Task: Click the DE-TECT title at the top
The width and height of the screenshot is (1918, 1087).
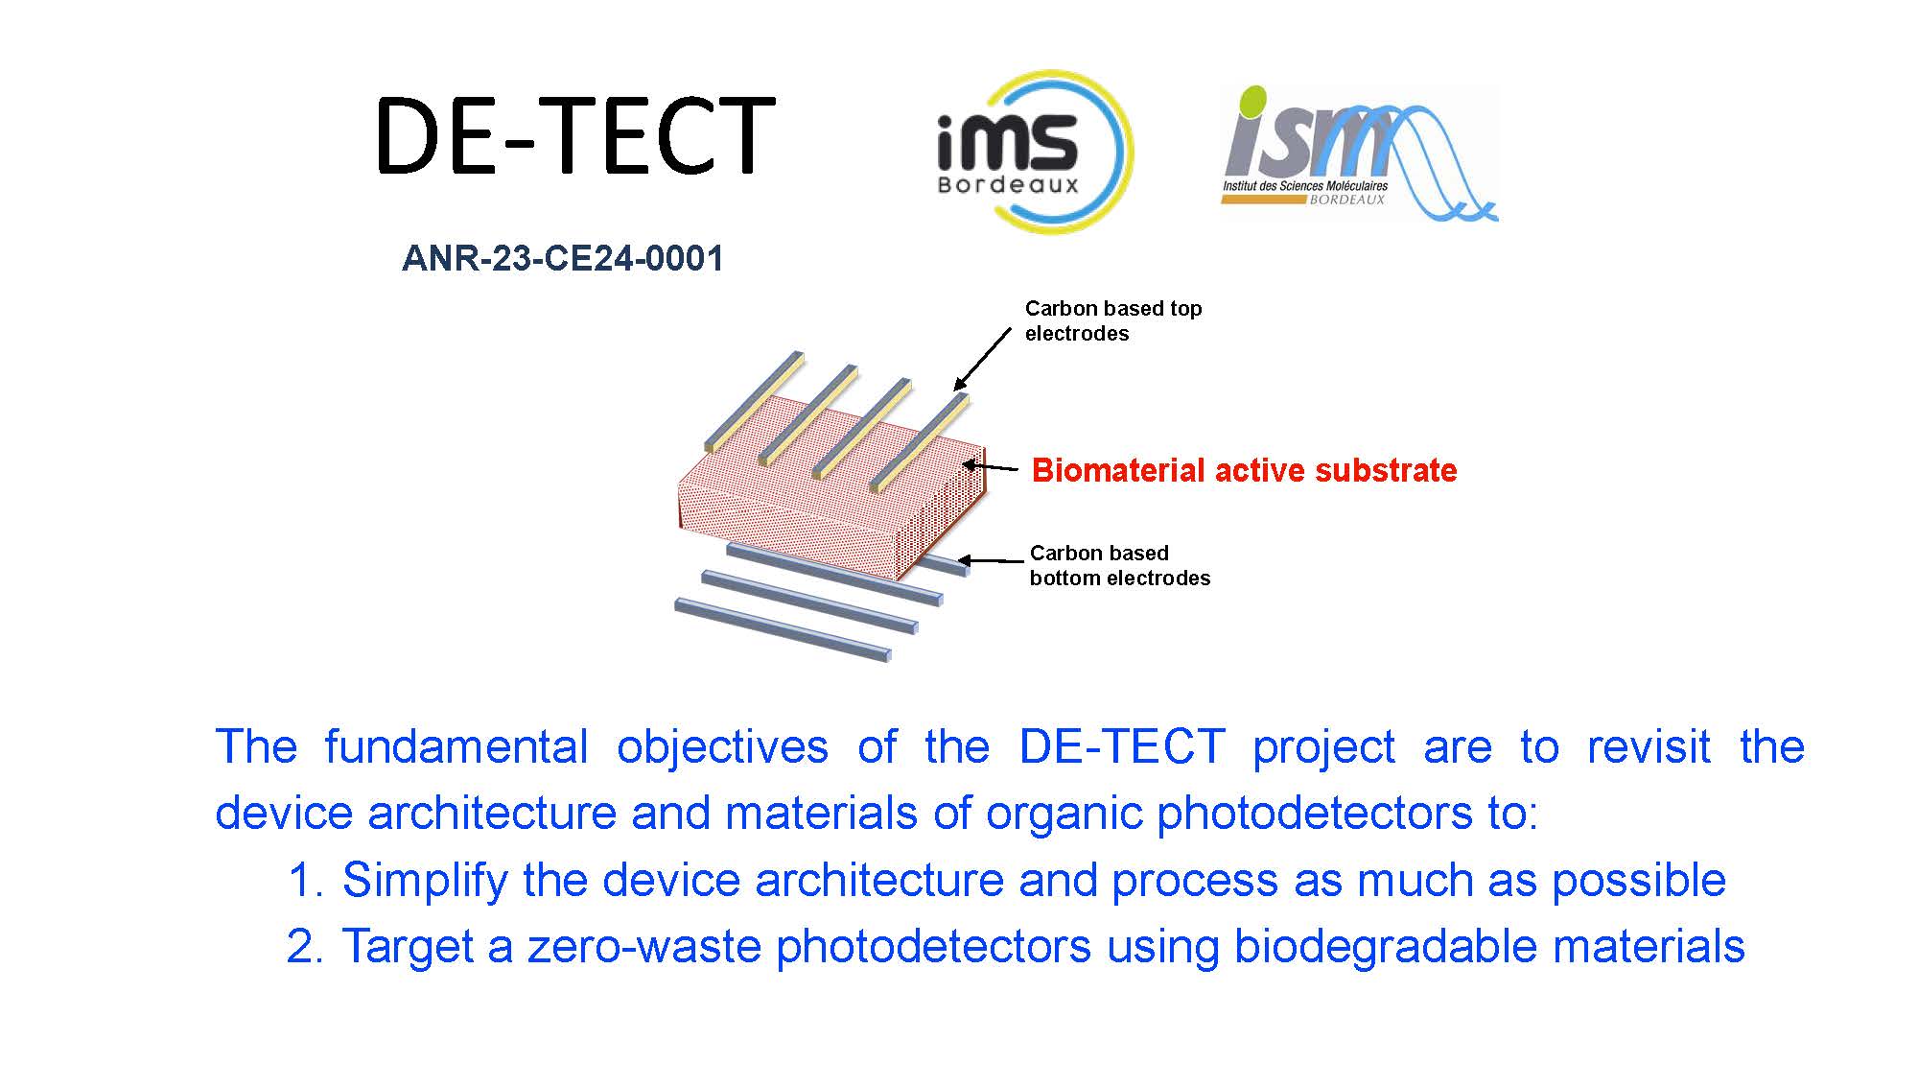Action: point(574,135)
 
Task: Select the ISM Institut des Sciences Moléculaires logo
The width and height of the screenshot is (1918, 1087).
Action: point(1359,154)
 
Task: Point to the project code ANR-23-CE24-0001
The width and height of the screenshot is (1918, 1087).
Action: point(563,258)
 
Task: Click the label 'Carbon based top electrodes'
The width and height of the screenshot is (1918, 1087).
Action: point(1112,320)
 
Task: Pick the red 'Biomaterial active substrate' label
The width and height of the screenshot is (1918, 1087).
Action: point(1244,470)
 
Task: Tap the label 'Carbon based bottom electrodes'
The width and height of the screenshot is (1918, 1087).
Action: point(1119,565)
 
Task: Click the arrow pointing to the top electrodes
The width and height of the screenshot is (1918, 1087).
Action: point(982,359)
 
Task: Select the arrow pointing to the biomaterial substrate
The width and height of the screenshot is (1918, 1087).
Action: point(991,467)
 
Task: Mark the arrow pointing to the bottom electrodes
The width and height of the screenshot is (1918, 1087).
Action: point(992,560)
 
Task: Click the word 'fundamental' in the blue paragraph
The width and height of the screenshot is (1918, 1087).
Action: point(456,746)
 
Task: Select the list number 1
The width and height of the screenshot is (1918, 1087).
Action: point(305,881)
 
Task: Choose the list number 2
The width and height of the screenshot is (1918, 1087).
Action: point(305,947)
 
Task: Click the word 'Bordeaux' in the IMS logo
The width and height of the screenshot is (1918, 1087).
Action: point(1008,184)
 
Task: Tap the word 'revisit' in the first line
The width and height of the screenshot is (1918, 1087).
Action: point(1649,746)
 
